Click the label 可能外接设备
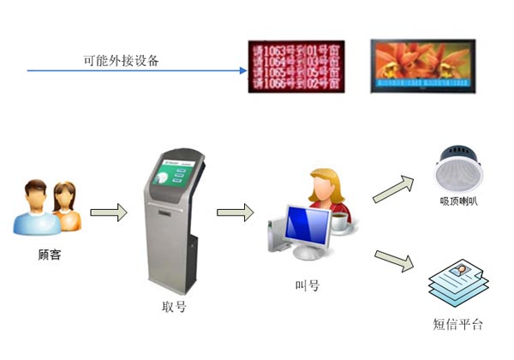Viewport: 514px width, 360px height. click(x=121, y=62)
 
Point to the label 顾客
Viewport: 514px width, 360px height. click(x=50, y=255)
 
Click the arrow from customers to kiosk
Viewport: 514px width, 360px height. click(x=107, y=211)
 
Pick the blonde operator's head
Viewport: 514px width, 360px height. click(x=327, y=183)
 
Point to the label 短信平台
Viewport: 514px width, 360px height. click(x=458, y=324)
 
